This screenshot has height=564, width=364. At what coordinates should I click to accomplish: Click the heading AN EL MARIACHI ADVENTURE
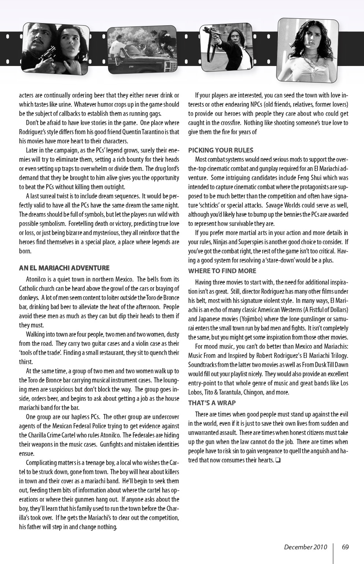coord(64,268)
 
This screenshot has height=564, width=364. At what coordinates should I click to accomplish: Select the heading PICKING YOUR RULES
coord(220,150)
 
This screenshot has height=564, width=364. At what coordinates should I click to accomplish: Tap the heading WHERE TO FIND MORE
coord(222,271)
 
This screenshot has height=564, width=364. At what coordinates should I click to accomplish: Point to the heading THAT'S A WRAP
coord(212,403)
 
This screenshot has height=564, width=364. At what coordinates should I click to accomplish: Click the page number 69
coord(345,547)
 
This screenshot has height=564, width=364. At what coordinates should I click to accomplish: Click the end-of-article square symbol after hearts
coord(278,460)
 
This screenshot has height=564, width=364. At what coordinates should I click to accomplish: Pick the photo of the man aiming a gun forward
coord(226,47)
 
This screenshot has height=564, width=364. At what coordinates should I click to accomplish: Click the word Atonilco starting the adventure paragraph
coord(37,279)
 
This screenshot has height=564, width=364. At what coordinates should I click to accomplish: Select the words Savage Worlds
coord(285,205)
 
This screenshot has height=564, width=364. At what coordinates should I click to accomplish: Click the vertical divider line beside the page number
coord(333,552)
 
